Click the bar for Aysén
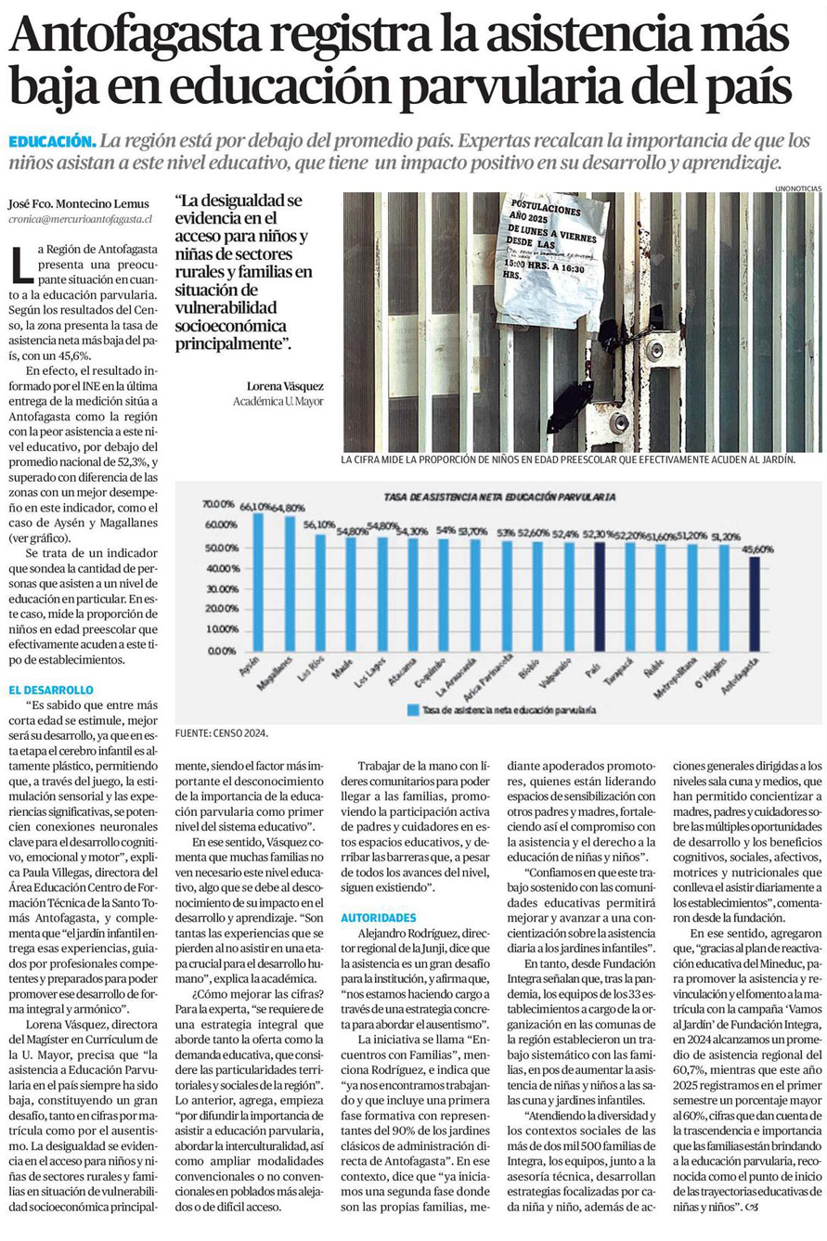[258, 581]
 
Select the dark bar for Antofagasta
[755, 603]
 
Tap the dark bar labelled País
[600, 596]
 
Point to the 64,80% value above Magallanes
[290, 508]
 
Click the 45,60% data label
[756, 549]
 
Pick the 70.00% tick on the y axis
[219, 504]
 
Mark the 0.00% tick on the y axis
[222, 650]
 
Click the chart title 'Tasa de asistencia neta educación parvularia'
[499, 498]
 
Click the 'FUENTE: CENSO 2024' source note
[221, 733]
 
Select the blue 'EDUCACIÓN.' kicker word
[52, 141]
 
